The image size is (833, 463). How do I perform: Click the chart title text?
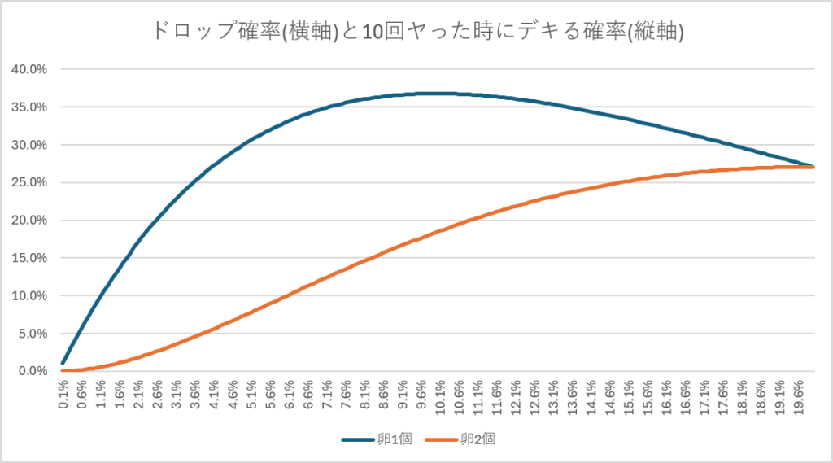coord(417,32)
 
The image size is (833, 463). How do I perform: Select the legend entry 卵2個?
coord(460,439)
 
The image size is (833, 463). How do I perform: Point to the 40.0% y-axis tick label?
coord(29,69)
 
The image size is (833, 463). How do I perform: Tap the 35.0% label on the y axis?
coord(29,107)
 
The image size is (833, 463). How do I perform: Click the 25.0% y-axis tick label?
coord(29,182)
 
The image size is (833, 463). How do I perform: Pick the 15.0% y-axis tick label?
coord(29,258)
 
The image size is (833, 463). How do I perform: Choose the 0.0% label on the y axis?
coord(33,371)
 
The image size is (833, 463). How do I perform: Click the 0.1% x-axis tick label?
coord(63,395)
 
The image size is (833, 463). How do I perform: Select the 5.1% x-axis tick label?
coord(252,395)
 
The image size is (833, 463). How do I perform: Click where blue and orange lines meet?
coord(813,166)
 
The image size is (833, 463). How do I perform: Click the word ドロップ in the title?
coord(194,32)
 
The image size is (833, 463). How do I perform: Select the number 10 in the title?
coord(372,33)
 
